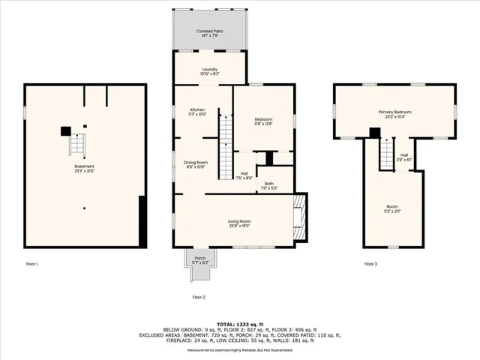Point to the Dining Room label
196,164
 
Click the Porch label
200,259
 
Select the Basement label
84,168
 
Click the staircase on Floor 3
387,155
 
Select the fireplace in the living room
299,218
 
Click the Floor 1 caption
31,264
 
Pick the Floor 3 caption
370,264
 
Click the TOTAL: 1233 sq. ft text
239,321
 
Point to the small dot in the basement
85,208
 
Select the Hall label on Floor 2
244,175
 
